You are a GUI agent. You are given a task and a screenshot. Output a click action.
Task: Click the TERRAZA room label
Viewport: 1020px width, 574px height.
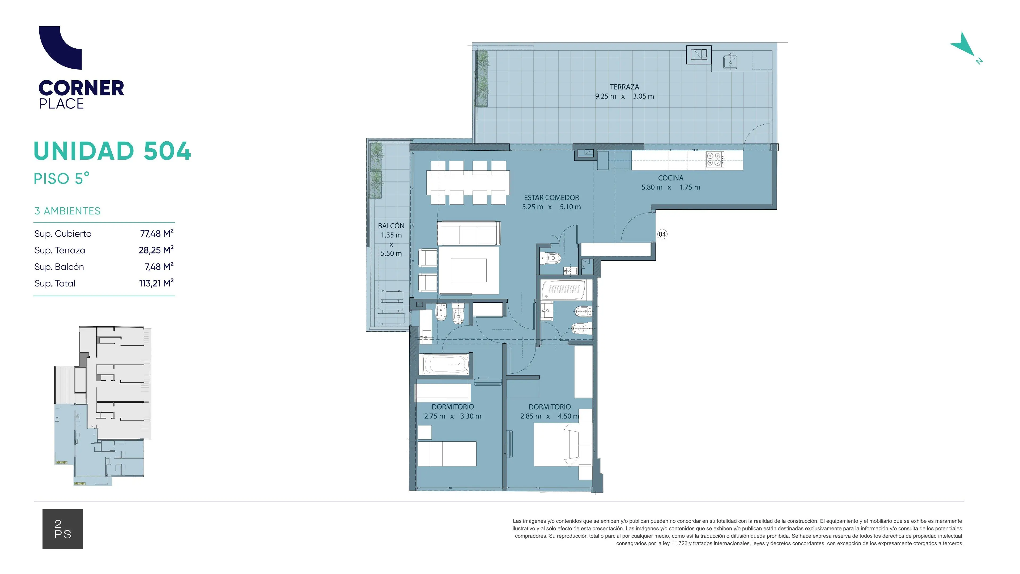tap(624, 87)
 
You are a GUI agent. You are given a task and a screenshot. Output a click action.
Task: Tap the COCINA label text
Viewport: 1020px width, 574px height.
tap(671, 178)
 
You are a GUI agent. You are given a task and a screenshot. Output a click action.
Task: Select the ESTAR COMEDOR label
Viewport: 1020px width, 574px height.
tap(551, 197)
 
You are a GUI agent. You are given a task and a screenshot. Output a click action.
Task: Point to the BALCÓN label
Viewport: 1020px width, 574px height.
tap(391, 226)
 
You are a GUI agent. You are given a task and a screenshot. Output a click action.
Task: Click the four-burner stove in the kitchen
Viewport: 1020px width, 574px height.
tap(715, 159)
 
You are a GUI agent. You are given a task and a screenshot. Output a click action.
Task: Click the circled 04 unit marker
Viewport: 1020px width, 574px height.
tap(662, 234)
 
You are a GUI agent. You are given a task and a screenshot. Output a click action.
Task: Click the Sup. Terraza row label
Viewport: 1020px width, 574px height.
tap(60, 250)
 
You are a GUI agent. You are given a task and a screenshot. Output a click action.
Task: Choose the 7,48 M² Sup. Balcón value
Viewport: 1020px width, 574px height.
tap(159, 267)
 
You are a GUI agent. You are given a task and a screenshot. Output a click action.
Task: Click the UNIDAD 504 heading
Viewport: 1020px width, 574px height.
tap(112, 151)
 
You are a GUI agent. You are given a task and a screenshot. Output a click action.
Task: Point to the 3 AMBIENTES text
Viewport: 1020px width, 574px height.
tap(67, 211)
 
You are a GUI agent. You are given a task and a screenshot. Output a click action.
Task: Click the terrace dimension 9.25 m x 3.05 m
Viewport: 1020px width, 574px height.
tap(624, 96)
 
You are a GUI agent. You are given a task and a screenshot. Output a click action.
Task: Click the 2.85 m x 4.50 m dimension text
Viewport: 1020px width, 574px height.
tap(550, 416)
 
